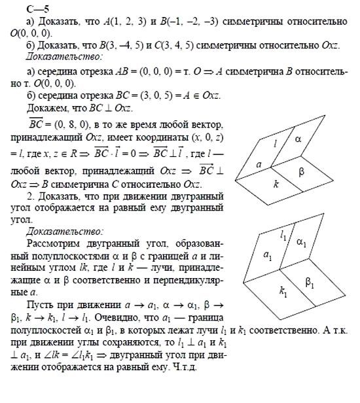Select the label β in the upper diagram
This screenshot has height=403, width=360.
302,173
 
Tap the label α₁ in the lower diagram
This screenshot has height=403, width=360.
301,243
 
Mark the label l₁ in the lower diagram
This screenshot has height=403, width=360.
283,233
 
